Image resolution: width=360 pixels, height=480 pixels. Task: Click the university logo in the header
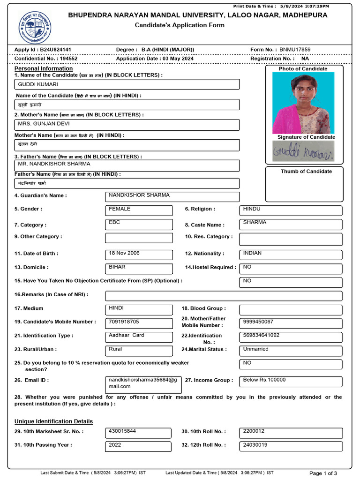[35, 27]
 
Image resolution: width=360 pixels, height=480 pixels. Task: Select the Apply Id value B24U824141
[55, 49]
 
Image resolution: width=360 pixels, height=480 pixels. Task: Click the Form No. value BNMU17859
[295, 49]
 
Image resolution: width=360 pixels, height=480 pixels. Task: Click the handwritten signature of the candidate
[303, 151]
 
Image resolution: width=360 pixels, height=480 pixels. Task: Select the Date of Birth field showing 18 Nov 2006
[139, 255]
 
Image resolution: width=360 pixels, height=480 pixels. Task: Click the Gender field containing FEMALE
[139, 210]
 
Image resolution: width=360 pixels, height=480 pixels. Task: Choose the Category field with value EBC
[139, 224]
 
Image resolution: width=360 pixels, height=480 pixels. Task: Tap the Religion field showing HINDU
[290, 210]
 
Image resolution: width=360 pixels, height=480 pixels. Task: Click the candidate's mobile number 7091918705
[139, 323]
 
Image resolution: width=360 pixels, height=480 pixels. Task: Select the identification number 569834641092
[290, 337]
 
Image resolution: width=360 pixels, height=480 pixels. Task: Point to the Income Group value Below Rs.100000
[290, 381]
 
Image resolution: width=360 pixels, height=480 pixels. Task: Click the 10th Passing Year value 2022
[139, 446]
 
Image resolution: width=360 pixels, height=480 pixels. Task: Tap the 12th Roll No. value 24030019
[290, 446]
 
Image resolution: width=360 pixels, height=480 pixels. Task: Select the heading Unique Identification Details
[53, 421]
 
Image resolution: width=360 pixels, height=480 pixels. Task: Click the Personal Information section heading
[44, 68]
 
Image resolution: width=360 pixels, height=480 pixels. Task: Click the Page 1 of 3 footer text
[323, 473]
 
